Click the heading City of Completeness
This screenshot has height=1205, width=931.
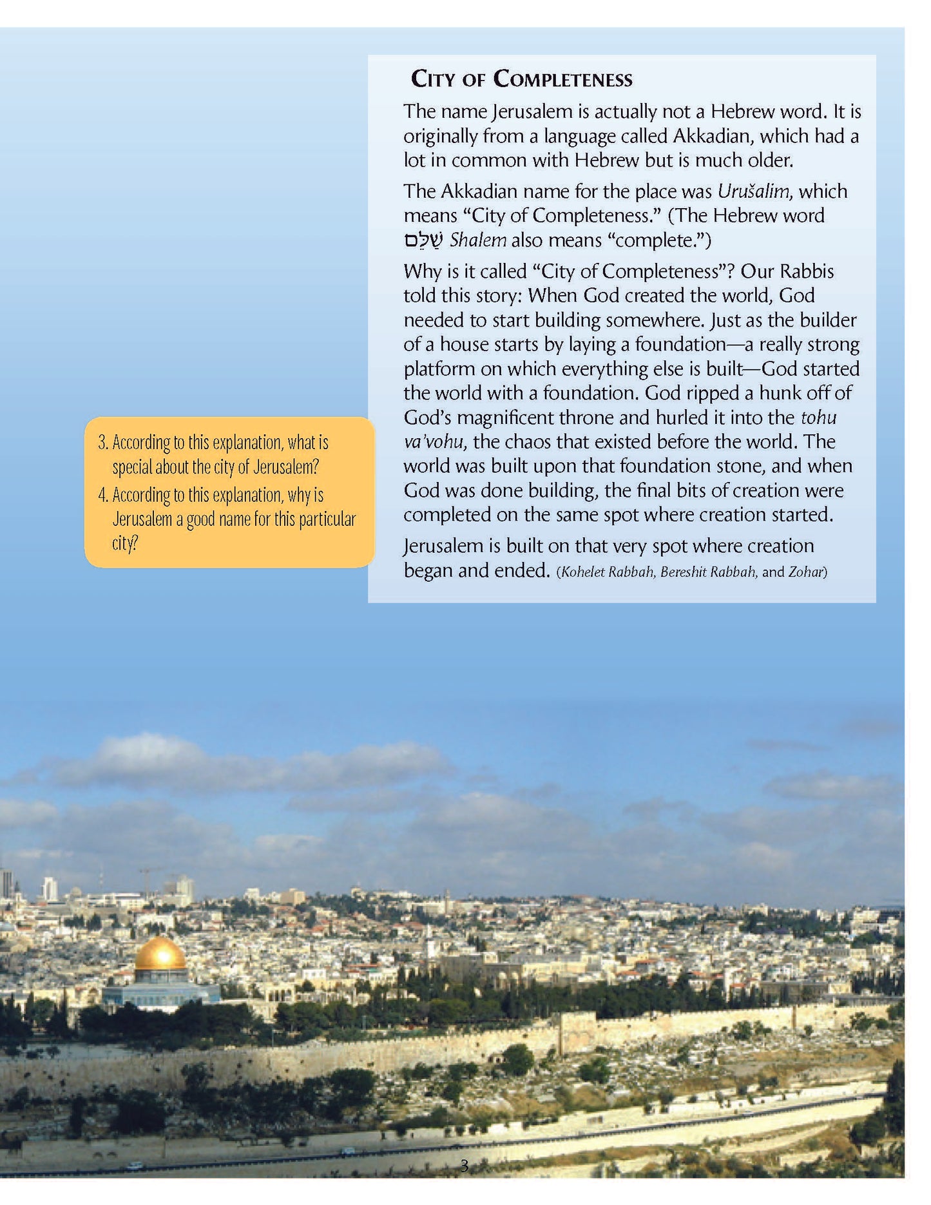[x=521, y=79]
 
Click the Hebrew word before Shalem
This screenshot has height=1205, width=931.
[x=423, y=240]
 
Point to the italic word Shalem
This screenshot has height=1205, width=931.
[x=477, y=240]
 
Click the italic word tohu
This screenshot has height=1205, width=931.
[x=818, y=418]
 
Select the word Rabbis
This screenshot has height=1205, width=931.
[x=805, y=271]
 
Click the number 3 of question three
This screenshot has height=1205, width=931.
[x=102, y=443]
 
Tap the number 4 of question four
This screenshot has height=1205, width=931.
[x=102, y=495]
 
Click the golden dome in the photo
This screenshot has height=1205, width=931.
[x=160, y=954]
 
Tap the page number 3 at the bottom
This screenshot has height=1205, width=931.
[x=465, y=1166]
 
